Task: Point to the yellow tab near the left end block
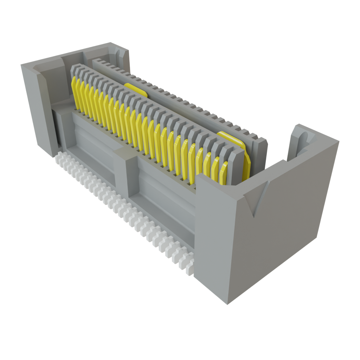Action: coord(136,89)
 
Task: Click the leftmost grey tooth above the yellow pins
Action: coord(74,70)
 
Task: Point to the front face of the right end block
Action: coord(211,239)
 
